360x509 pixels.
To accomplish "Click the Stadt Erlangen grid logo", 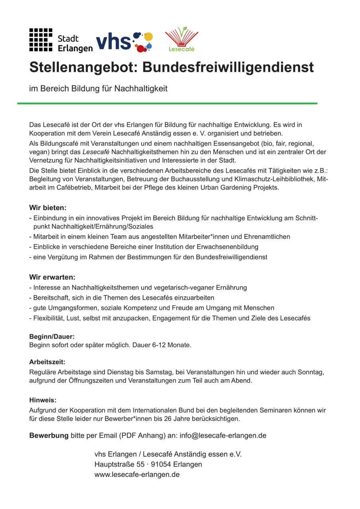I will [41, 40].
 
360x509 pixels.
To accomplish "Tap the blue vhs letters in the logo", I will [114, 41].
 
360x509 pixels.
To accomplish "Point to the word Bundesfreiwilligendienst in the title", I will [228, 68].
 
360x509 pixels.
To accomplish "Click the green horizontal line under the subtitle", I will [167, 103].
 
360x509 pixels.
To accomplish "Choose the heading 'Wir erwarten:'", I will [52, 277].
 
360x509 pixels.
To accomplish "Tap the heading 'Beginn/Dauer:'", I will [52, 337].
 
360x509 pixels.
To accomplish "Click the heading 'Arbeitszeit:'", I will [47, 363].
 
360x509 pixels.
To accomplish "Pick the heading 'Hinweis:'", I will [43, 400].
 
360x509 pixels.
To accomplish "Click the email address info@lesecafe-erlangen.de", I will [223, 435].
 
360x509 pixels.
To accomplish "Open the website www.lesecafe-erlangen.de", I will [137, 475].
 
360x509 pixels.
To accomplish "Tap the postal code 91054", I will [160, 464].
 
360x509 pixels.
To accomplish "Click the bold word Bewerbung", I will [49, 435].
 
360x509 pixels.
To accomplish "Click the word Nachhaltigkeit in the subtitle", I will [141, 89].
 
